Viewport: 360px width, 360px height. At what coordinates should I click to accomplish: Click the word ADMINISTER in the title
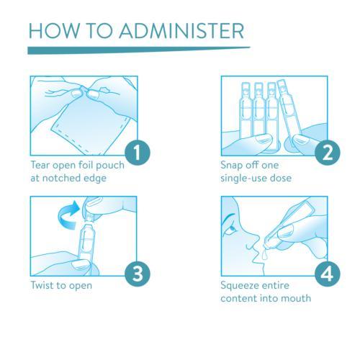(x=181, y=31)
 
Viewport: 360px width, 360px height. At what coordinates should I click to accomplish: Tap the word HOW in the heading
(x=54, y=31)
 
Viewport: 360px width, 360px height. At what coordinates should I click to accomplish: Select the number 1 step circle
(x=138, y=153)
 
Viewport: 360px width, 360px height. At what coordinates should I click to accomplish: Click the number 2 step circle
(x=328, y=153)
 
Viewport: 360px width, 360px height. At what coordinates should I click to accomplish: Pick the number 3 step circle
(x=138, y=274)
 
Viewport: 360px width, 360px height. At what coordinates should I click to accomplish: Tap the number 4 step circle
(x=328, y=274)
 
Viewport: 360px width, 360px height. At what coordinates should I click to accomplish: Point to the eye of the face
(x=232, y=228)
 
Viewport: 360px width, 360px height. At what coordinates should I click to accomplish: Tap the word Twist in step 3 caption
(x=42, y=285)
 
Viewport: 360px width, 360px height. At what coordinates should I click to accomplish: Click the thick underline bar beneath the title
(x=139, y=50)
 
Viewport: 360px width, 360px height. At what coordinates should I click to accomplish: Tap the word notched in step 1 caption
(x=63, y=178)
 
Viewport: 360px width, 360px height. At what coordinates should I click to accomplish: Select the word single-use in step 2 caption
(x=243, y=179)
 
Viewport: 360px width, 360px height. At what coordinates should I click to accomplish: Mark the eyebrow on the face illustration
(x=229, y=217)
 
